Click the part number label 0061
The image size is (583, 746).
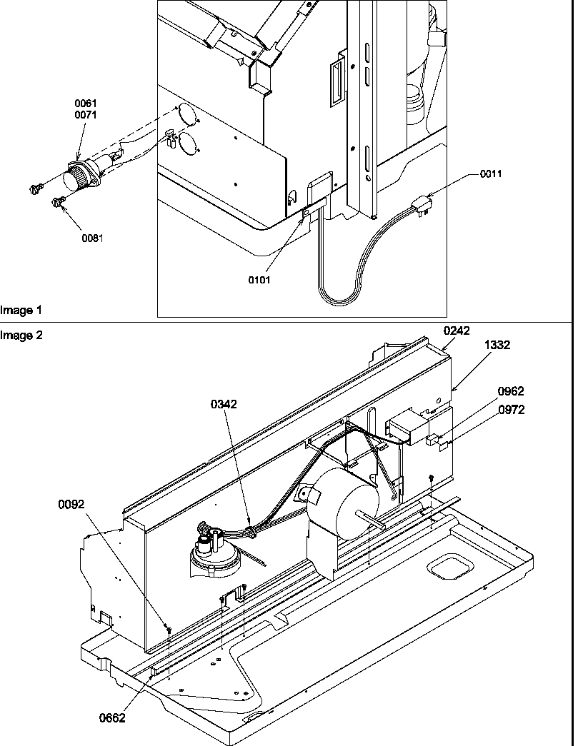tap(85, 104)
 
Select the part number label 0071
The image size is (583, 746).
tap(85, 114)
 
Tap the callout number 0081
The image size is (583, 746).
tap(91, 238)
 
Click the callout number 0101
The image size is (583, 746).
tap(259, 280)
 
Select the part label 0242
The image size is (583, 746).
tap(457, 331)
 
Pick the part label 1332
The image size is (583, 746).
tap(497, 345)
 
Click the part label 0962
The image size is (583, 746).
tap(511, 391)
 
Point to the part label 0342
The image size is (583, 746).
tap(224, 404)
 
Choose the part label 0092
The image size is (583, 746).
tap(71, 504)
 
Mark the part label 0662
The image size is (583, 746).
tap(112, 718)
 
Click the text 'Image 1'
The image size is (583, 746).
tap(21, 311)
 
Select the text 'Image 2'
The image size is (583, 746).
tap(21, 335)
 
